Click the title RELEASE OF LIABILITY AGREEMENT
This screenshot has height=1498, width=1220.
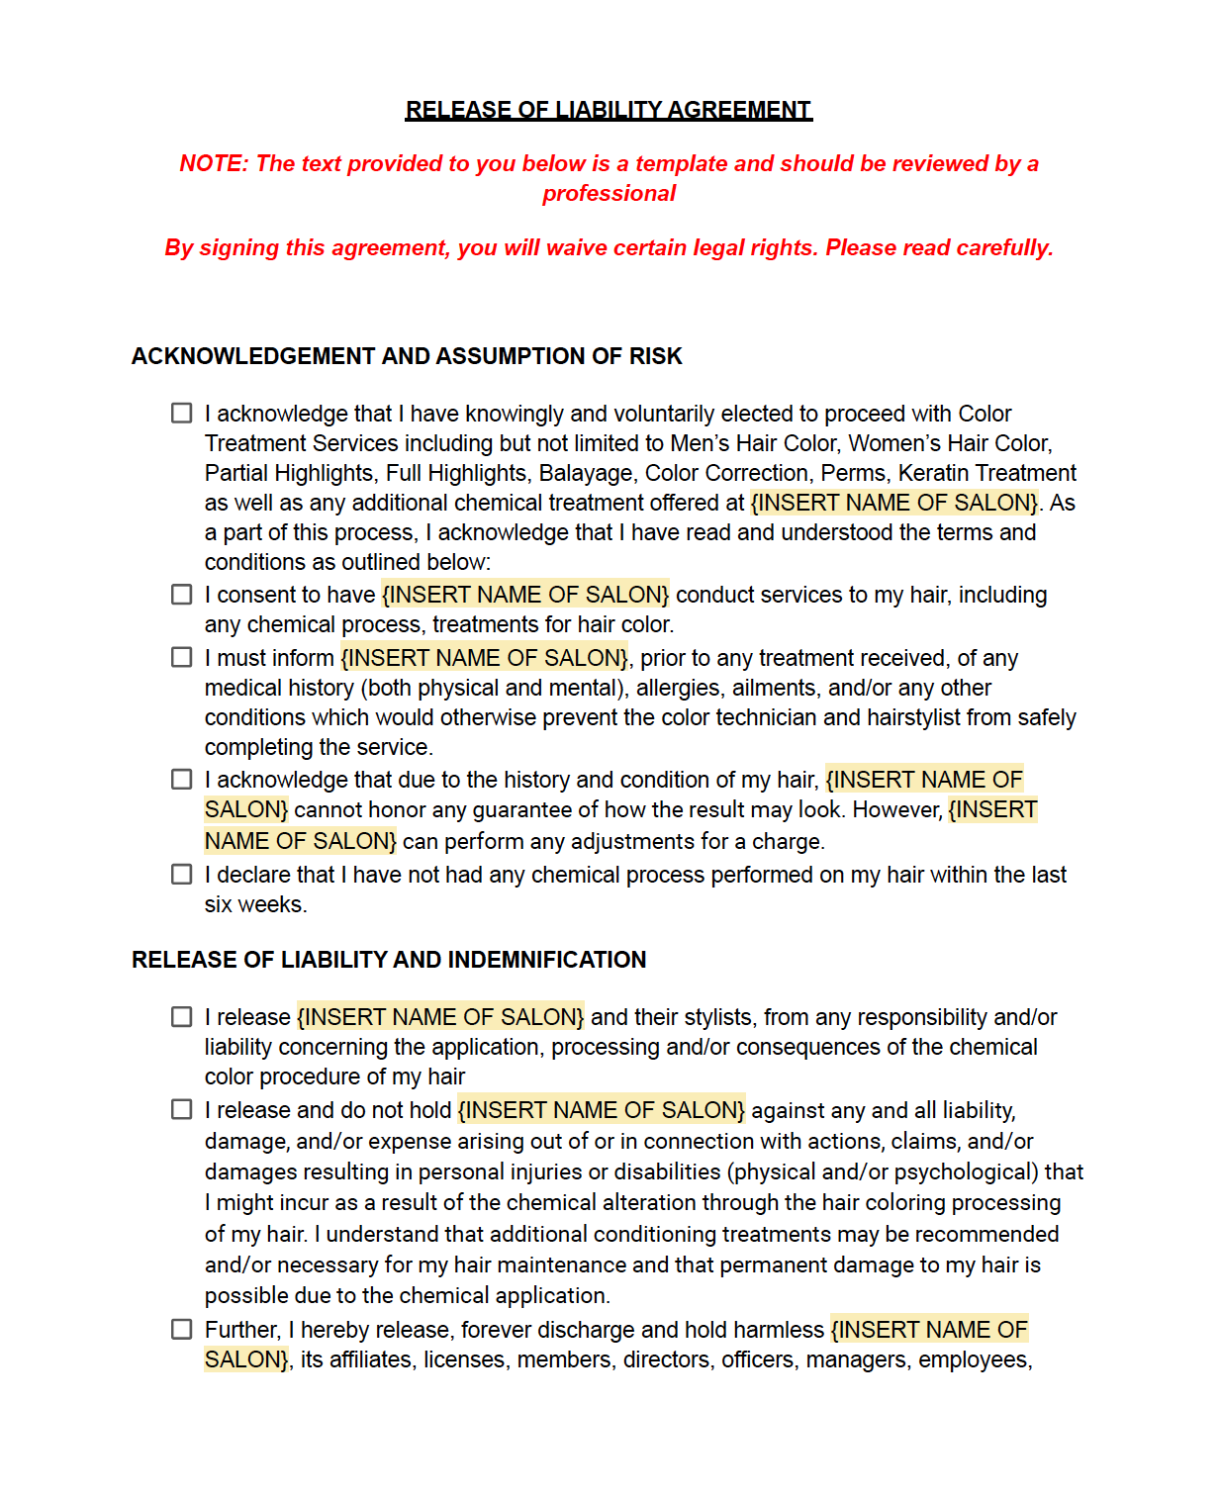pos(609,110)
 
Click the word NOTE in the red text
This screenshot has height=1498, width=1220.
pos(212,164)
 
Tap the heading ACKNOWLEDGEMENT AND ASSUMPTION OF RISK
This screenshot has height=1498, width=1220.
pos(407,356)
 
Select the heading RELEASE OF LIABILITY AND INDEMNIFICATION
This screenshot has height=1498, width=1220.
pos(389,960)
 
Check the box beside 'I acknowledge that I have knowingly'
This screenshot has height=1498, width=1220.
pos(182,413)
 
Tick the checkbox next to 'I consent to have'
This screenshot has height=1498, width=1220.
pos(182,594)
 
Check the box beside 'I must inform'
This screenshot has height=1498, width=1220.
pos(182,657)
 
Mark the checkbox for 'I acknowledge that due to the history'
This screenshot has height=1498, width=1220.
pos(182,779)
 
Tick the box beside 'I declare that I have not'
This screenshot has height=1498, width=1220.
pos(182,874)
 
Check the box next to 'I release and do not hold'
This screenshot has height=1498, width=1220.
pos(182,1109)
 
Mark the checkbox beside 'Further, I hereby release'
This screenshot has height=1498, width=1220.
pos(182,1329)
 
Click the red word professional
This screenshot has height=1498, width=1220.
pos(609,194)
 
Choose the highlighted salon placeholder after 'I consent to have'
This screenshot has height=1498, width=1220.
pos(525,595)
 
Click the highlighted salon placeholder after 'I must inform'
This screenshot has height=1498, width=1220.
pos(484,658)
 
